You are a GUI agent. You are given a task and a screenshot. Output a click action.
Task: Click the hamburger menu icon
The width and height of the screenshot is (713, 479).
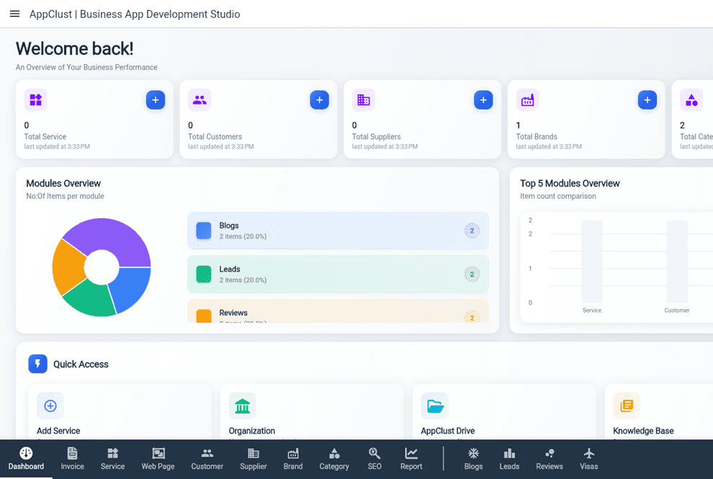[14, 14]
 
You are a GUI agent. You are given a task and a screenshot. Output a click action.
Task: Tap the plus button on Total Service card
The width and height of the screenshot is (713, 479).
[156, 100]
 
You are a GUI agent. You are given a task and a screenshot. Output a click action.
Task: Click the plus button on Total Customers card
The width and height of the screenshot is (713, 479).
[320, 100]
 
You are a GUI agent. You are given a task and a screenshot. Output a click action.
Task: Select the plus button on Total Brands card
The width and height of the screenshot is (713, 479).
[647, 100]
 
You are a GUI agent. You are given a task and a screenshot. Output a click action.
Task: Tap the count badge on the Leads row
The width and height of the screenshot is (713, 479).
[472, 274]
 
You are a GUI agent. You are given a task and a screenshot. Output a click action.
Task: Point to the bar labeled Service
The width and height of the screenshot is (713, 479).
[592, 261]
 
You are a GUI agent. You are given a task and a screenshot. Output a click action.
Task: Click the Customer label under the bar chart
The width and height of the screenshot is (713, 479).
[677, 310]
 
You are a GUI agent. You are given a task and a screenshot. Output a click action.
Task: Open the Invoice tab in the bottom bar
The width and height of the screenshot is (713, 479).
[72, 458]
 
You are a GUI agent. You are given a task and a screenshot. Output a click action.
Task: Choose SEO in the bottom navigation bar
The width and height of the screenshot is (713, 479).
[375, 458]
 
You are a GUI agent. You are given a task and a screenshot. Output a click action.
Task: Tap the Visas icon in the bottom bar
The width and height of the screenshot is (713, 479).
[589, 454]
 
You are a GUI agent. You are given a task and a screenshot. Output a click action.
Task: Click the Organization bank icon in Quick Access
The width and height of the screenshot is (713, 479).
[243, 406]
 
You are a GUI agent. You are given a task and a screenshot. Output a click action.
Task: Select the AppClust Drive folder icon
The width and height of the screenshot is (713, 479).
[435, 406]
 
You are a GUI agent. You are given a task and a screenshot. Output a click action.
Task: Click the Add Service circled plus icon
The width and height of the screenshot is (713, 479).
[50, 406]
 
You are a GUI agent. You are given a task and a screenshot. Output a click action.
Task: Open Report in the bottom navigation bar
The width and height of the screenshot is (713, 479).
[411, 458]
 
